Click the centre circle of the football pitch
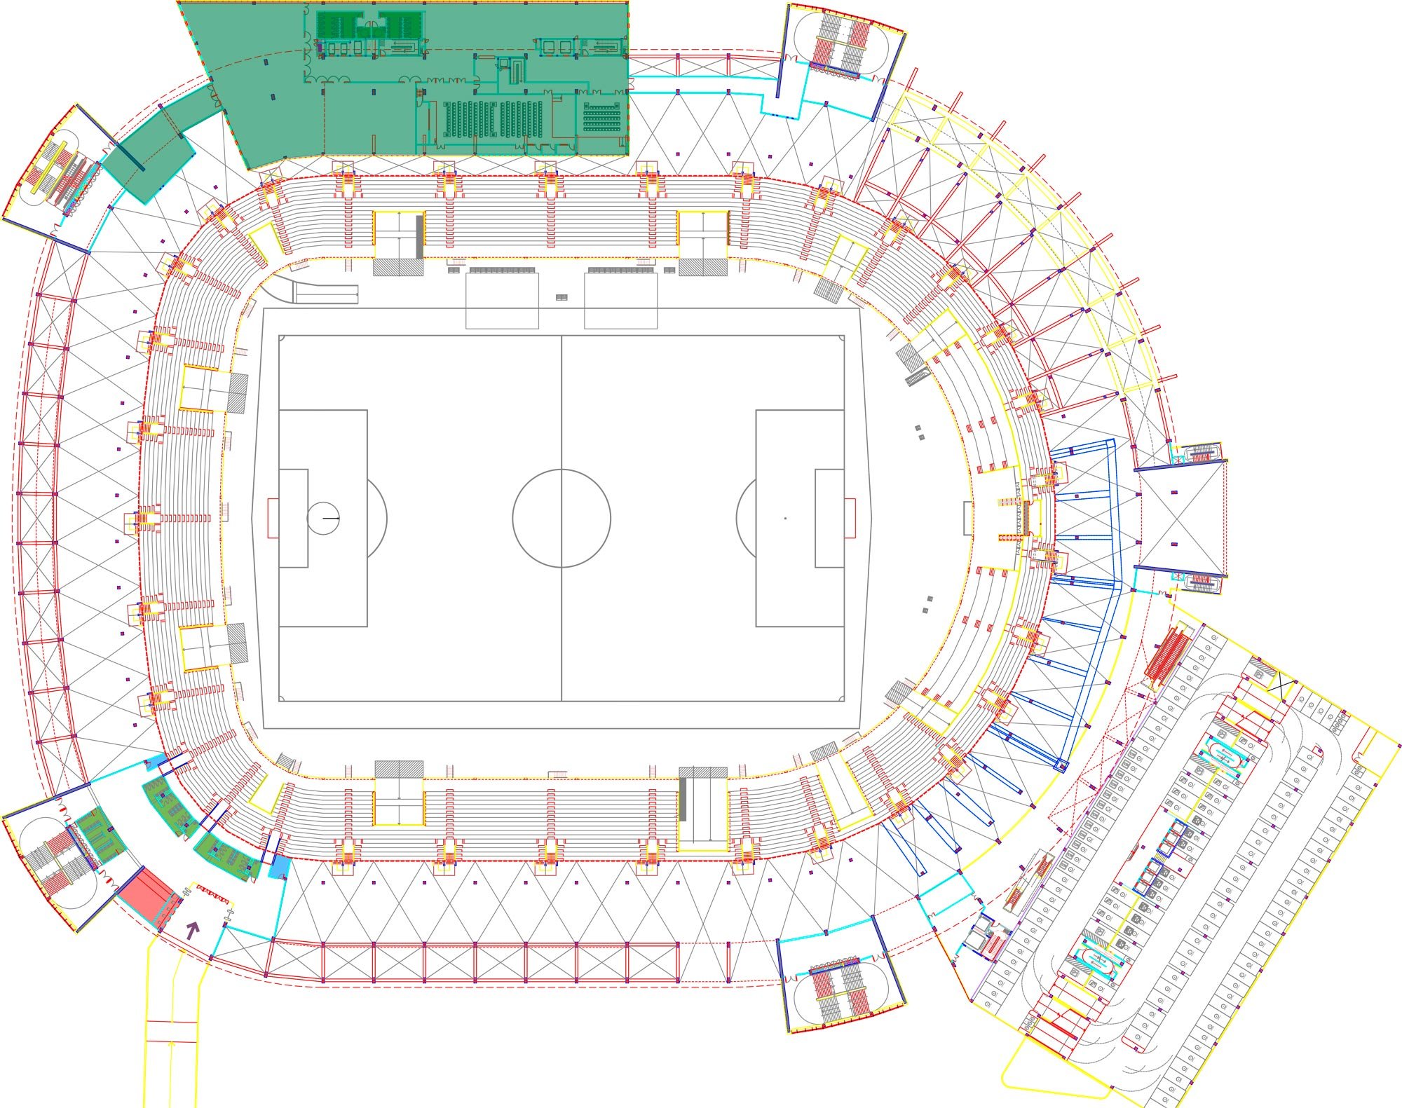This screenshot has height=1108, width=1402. pos(561,518)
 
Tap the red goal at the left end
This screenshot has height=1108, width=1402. pos(273,518)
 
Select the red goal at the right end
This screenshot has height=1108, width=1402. pos(850,518)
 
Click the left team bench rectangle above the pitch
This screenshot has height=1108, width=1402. pos(502,300)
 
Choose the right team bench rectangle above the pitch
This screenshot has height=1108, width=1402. pos(620,300)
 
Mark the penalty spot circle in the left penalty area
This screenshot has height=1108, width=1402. pos(323,518)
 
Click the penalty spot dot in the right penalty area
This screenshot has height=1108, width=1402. pos(785,518)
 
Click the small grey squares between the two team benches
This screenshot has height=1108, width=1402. pos(561,297)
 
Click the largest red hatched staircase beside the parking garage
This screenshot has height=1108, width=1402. pos(1167,657)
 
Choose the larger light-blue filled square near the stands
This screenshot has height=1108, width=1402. pos(279,867)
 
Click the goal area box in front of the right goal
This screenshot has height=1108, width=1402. pos(829,518)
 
